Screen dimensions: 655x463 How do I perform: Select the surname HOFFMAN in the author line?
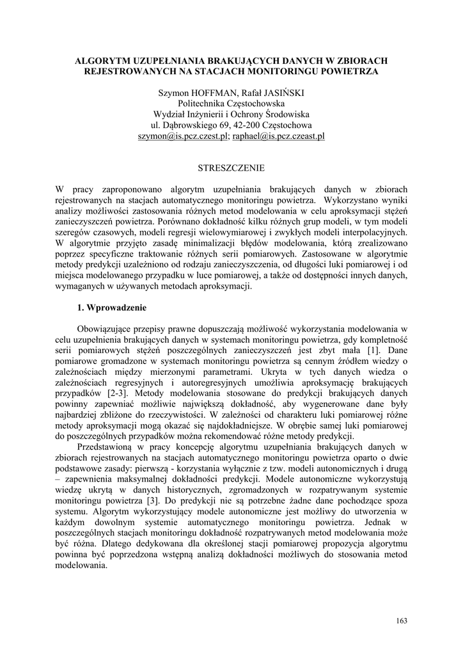212,93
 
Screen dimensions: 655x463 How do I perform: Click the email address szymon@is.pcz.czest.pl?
183,136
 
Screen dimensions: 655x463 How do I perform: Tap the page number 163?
402,620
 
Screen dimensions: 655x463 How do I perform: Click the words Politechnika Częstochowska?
231,104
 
